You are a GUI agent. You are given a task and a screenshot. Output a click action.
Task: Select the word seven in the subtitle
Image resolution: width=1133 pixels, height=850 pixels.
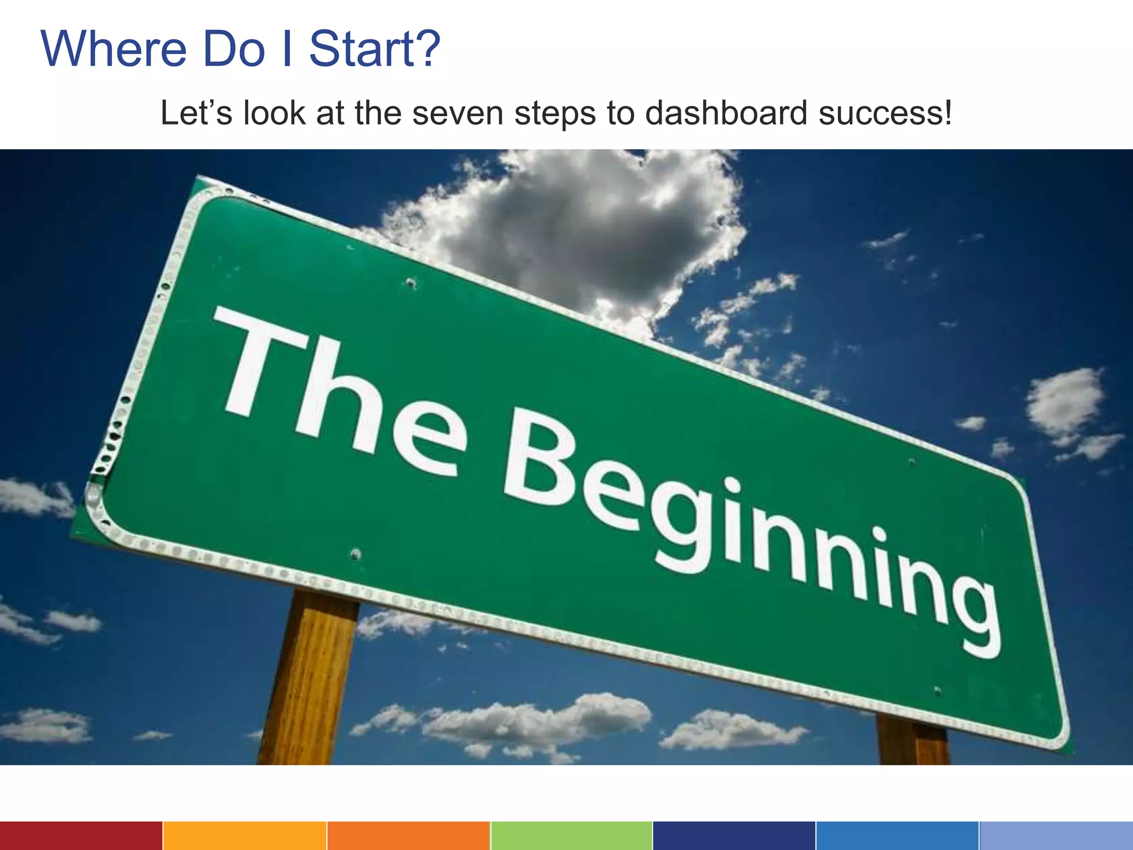click(x=458, y=113)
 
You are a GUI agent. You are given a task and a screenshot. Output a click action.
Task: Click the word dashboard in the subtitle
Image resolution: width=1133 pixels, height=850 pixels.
click(x=726, y=113)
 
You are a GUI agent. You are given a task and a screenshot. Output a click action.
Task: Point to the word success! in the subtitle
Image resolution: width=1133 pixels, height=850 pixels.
click(x=885, y=113)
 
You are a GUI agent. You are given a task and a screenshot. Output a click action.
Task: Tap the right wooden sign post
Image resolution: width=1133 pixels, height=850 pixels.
click(x=913, y=742)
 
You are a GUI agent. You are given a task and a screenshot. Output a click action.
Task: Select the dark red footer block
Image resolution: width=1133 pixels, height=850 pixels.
click(x=81, y=836)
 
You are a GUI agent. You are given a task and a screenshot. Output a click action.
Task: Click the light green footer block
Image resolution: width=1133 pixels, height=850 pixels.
click(x=571, y=836)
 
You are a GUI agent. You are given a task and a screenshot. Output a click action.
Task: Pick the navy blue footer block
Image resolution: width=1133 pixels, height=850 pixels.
click(x=734, y=836)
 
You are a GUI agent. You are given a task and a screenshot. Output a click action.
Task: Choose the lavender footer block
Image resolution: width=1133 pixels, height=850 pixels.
click(x=1056, y=836)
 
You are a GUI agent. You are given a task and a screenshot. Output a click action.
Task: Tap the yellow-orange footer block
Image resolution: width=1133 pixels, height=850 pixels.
click(x=245, y=836)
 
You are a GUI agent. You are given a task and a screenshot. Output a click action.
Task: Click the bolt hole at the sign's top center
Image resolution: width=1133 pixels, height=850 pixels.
click(x=410, y=283)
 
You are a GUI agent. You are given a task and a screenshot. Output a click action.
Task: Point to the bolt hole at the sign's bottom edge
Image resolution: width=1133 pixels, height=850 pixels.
click(x=356, y=553)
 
